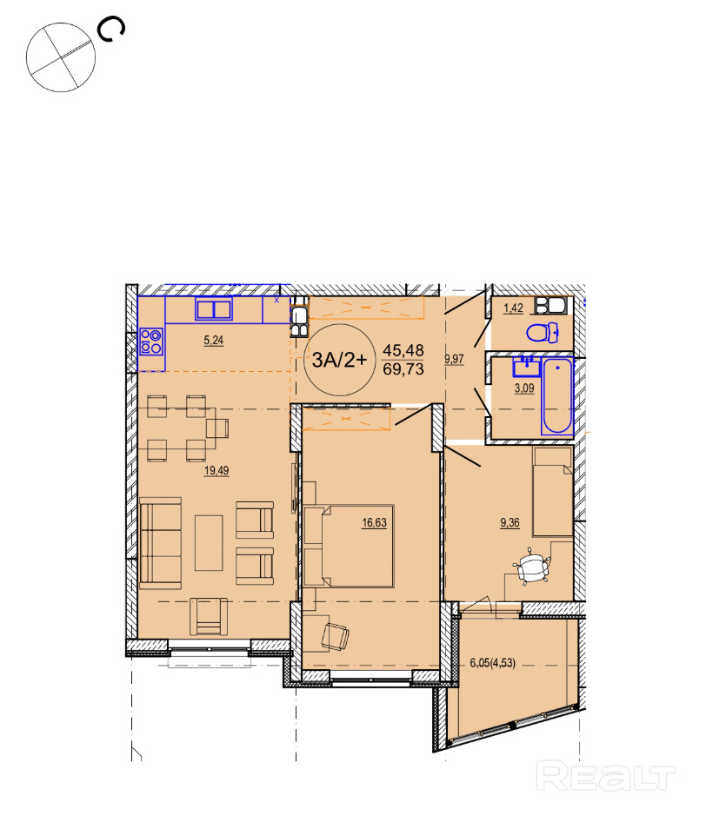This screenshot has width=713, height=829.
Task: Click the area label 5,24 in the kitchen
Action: [214, 341]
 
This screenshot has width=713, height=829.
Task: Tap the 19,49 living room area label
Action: [217, 470]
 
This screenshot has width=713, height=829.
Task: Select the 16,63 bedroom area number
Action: [374, 523]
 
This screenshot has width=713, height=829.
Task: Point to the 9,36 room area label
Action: [510, 523]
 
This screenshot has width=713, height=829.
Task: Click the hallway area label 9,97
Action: [454, 359]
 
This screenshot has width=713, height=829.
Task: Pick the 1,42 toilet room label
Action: [513, 308]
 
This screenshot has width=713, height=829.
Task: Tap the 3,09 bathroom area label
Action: [524, 388]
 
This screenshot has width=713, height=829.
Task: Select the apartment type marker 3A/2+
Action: [339, 360]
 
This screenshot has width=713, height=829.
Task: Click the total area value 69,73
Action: [403, 369]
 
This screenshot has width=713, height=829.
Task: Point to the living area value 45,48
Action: [403, 350]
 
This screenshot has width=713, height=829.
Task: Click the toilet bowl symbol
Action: [543, 333]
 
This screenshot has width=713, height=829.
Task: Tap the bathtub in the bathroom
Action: [557, 395]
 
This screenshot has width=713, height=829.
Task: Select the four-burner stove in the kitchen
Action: [151, 341]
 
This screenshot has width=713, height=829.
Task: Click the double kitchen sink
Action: [214, 308]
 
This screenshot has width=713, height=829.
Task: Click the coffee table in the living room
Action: [209, 543]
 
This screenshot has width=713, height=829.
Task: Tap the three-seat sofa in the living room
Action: [160, 543]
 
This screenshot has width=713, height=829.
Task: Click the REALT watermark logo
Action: [606, 777]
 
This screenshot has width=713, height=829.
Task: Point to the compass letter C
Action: [111, 29]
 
